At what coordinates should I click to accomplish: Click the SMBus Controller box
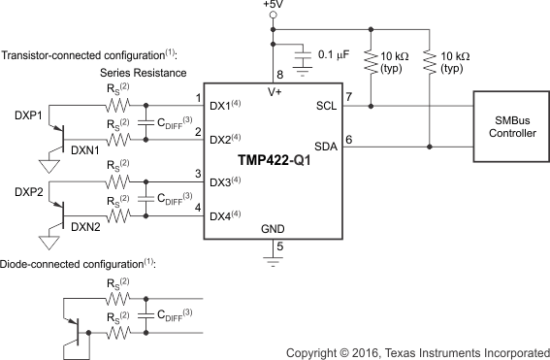[x=508, y=124]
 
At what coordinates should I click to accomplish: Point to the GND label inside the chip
[x=273, y=230]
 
